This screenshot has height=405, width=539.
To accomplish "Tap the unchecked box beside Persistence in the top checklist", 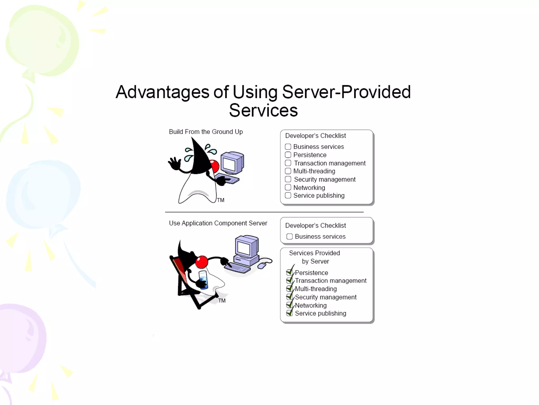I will tap(288, 155).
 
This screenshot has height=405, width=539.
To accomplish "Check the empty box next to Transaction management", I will tap(288, 163).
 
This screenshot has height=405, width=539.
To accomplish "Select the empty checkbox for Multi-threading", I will tap(288, 171).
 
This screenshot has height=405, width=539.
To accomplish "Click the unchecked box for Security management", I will tap(288, 179).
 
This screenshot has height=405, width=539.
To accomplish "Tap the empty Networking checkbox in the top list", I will tap(288, 187).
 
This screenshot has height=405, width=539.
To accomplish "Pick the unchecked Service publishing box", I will tap(288, 195).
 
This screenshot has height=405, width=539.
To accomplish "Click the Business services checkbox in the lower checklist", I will tap(290, 237).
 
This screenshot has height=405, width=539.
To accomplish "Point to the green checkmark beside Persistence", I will tap(290, 272).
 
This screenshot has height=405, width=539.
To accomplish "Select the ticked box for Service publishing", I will tap(290, 313).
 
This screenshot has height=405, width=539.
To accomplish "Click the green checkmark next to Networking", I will tap(290, 305).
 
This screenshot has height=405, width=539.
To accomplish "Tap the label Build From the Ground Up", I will tap(206, 132).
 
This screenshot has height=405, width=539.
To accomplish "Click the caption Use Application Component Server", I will tap(218, 223).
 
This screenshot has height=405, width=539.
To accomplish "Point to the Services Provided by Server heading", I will tap(315, 257).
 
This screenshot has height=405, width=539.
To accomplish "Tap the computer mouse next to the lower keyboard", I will tap(262, 265).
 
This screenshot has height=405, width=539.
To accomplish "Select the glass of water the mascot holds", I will tap(203, 280).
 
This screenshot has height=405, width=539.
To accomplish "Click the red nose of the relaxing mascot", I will tap(202, 262).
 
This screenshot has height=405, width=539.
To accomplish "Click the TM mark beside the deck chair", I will tap(222, 301).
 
